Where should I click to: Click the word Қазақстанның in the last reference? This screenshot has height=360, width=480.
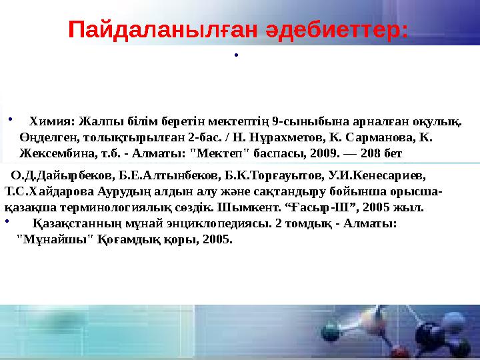coord(73,224)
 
